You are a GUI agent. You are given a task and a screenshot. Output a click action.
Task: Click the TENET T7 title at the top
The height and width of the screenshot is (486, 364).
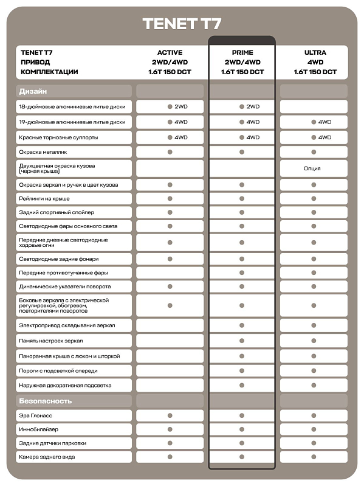pyautogui.click(x=182, y=24)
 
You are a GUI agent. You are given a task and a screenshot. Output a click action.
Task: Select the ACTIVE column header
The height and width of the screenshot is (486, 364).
pyautogui.click(x=170, y=53)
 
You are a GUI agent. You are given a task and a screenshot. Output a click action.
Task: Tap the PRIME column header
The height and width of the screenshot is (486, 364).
pyautogui.click(x=242, y=53)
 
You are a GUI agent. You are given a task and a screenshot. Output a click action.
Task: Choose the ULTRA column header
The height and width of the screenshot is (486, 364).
pyautogui.click(x=315, y=53)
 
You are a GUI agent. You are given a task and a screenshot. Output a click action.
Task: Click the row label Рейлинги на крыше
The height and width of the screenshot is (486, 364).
pyautogui.click(x=44, y=199)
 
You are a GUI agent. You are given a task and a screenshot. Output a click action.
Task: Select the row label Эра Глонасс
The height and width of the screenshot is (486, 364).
pyautogui.click(x=36, y=416)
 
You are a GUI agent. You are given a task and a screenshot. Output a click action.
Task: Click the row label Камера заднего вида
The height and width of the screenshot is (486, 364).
pyautogui.click(x=47, y=457)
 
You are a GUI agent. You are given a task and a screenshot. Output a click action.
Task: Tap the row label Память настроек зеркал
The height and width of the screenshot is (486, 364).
pyautogui.click(x=51, y=341)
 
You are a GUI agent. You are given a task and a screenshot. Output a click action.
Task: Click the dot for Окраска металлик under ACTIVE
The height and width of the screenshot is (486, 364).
pyautogui.click(x=170, y=151)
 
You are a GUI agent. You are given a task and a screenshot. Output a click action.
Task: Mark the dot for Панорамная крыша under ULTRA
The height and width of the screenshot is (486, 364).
pyautogui.click(x=314, y=356)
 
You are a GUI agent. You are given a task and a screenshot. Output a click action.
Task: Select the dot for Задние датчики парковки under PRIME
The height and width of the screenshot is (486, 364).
pyautogui.click(x=242, y=443)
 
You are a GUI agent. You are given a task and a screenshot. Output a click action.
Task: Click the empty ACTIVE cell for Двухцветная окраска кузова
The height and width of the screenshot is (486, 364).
pyautogui.click(x=170, y=168)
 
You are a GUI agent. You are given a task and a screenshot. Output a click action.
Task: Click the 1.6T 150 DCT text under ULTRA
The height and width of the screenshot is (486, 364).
pyautogui.click(x=315, y=72)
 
